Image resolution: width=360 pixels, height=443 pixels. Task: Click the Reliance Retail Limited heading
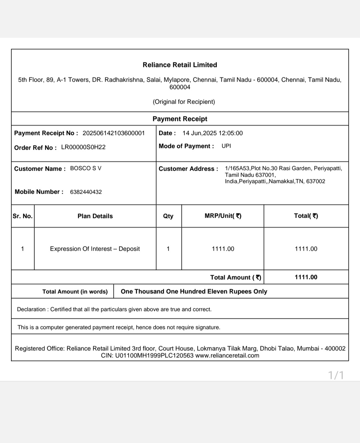pyautogui.click(x=180, y=65)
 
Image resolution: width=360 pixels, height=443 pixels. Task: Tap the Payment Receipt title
pyautogui.click(x=180, y=119)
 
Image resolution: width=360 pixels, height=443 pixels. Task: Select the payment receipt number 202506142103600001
pyautogui.click(x=113, y=133)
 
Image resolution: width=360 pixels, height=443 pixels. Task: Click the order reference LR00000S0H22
pyautogui.click(x=83, y=147)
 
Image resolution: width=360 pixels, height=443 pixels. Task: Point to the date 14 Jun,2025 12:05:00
pyautogui.click(x=212, y=133)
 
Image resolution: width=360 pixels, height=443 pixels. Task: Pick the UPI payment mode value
pyautogui.click(x=226, y=146)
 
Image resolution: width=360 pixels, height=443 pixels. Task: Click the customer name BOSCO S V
pyautogui.click(x=86, y=168)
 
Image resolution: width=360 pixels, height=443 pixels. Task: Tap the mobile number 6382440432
pyautogui.click(x=86, y=192)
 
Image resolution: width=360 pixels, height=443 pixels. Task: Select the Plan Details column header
pyautogui.click(x=95, y=216)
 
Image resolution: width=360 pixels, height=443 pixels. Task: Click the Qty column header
pyautogui.click(x=168, y=216)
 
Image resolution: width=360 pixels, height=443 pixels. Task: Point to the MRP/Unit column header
pyautogui.click(x=223, y=216)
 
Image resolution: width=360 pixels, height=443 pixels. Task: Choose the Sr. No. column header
pyautogui.click(x=23, y=216)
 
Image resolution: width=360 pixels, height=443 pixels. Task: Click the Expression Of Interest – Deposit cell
pyautogui.click(x=95, y=249)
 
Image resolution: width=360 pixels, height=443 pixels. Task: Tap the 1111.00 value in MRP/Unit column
pyautogui.click(x=223, y=249)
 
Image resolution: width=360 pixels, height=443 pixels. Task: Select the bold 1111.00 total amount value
pyautogui.click(x=306, y=277)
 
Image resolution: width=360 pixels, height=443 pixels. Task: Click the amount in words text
pyautogui.click(x=194, y=291)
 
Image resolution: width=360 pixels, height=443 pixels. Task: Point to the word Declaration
pyautogui.click(x=31, y=309)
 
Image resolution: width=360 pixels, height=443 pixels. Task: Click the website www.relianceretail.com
pyautogui.click(x=227, y=356)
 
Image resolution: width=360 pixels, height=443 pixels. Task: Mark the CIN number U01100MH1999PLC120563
pyautogui.click(x=154, y=356)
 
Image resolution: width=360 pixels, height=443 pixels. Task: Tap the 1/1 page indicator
pyautogui.click(x=336, y=375)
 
